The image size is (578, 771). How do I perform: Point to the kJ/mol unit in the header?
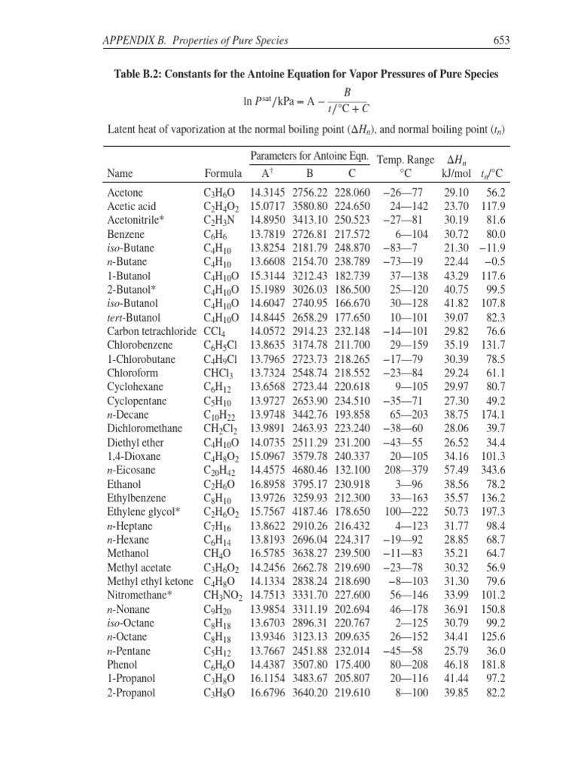455,173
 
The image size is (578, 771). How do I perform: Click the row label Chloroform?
132,373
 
